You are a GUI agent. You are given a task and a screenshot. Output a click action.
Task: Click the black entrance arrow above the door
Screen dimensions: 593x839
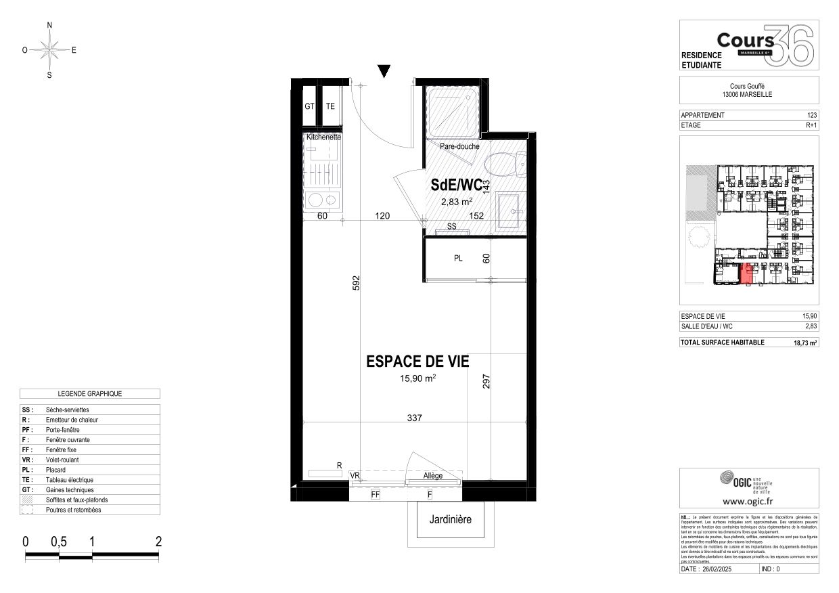coord(384,71)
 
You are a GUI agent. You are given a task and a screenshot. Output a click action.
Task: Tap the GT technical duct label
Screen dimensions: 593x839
coord(309,106)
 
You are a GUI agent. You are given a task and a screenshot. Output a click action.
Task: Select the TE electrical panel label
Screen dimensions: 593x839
coord(330,106)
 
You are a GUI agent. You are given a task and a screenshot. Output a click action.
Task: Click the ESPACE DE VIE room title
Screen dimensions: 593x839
coord(417,362)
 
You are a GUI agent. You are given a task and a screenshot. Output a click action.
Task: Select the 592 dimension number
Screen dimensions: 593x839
coord(356,283)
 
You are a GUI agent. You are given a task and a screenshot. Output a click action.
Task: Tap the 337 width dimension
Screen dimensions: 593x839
coord(414,418)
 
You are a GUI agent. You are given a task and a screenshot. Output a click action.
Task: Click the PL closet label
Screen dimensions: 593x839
coord(458,259)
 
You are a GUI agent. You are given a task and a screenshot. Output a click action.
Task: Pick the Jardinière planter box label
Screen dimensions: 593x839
coord(451,520)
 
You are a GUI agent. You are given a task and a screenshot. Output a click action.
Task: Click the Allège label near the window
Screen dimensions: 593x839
coord(433,475)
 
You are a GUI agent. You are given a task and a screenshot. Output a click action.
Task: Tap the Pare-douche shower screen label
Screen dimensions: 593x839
coord(459,146)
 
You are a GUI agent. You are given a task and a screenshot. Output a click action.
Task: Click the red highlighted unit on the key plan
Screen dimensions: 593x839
coord(747,274)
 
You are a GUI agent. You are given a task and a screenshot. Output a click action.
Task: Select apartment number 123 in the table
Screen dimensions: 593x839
coord(812,115)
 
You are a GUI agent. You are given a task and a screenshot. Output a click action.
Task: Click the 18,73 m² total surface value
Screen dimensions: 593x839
coord(805,343)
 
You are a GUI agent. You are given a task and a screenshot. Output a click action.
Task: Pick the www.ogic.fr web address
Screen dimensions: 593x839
coord(748,502)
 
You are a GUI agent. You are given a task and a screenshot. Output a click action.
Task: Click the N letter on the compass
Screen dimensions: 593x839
coord(49,25)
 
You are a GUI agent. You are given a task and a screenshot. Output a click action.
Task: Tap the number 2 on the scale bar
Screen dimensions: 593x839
coord(158,542)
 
